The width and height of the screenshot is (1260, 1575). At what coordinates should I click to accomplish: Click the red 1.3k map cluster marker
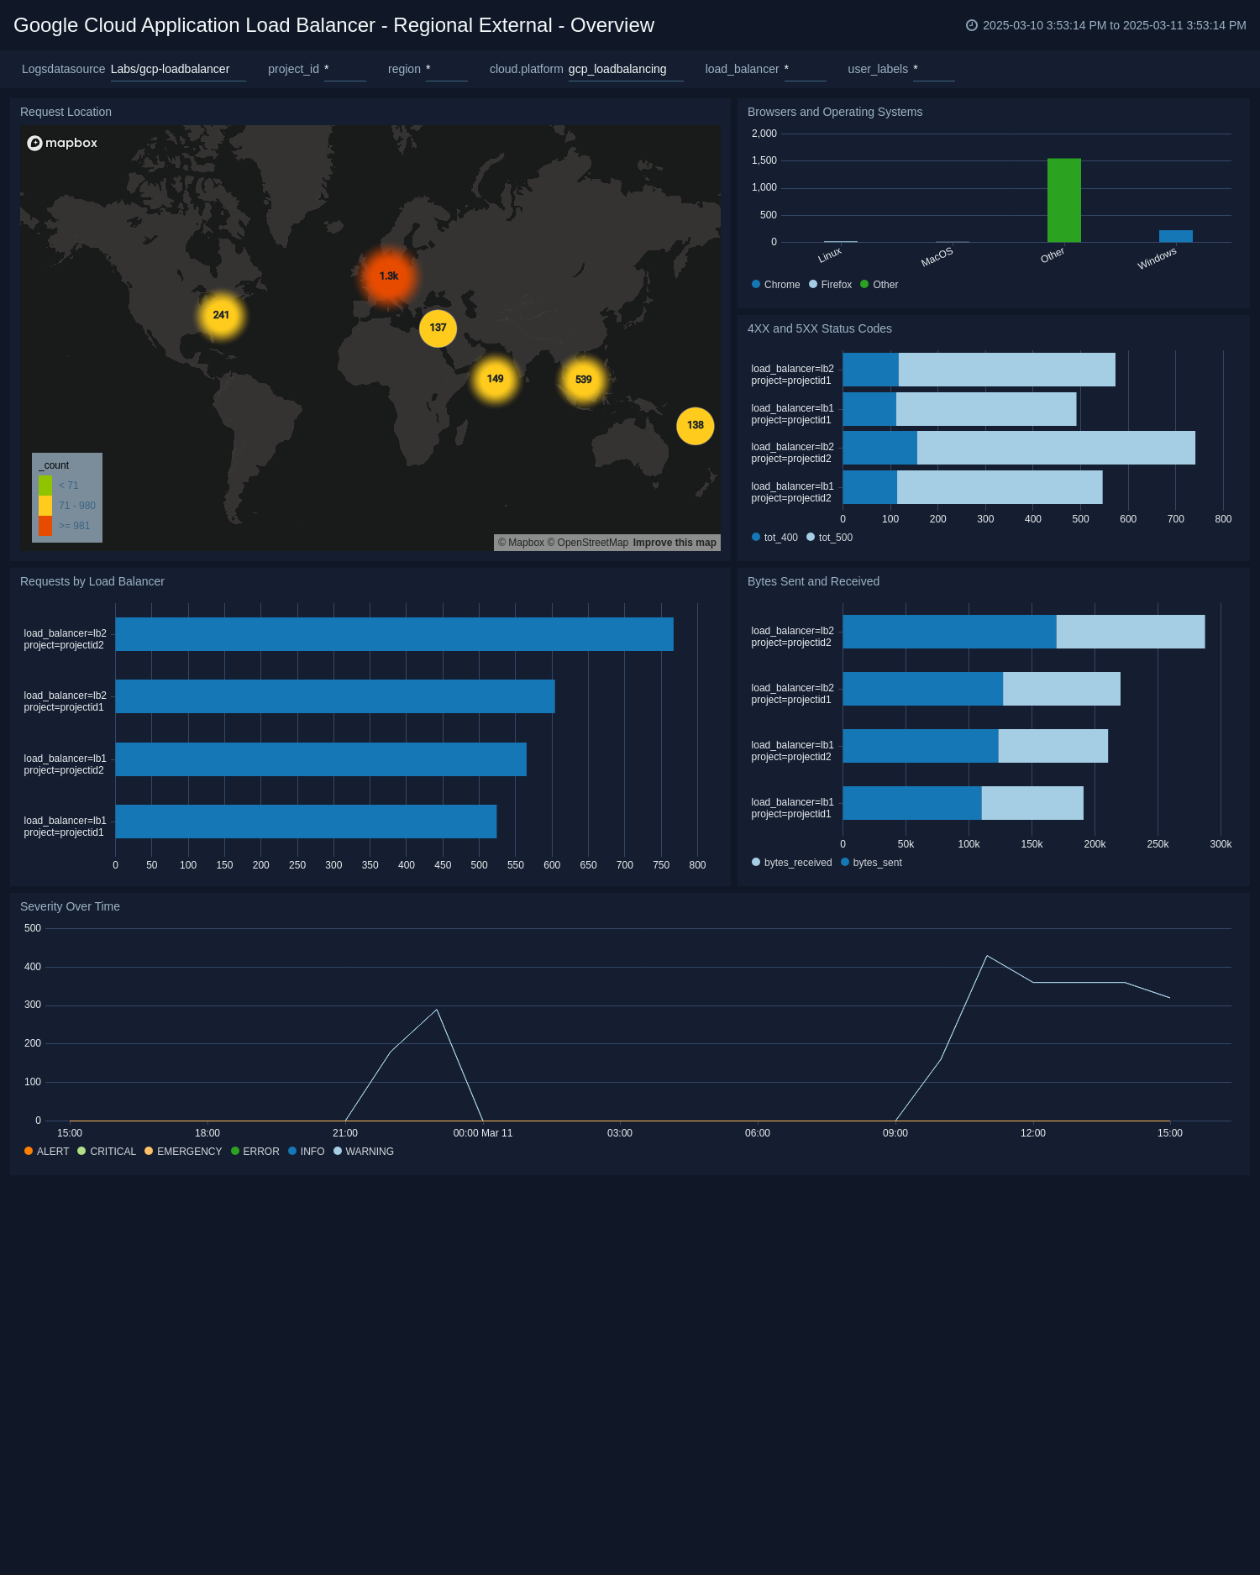(388, 276)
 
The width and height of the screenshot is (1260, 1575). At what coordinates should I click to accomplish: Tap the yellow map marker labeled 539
(583, 380)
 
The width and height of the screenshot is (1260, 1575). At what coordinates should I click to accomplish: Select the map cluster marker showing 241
(221, 316)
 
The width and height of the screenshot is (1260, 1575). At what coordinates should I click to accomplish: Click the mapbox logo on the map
(62, 143)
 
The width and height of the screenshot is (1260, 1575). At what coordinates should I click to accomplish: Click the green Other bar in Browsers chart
(1063, 201)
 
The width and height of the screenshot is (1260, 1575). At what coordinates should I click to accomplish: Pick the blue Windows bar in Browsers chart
(1175, 236)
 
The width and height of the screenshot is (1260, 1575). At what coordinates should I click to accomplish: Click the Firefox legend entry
(831, 285)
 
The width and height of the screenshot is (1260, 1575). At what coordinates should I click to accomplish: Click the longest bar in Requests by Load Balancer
(394, 634)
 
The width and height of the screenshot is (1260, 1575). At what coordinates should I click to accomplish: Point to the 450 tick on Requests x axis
(443, 865)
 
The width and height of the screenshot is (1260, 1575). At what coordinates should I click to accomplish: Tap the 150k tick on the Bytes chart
(1032, 844)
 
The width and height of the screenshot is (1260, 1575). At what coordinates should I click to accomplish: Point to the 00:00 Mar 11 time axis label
(483, 1133)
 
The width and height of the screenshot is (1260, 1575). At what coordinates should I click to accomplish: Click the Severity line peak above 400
(987, 956)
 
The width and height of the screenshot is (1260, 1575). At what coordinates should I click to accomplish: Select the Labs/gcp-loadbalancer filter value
(170, 69)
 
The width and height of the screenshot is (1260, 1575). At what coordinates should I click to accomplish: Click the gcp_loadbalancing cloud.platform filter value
(617, 69)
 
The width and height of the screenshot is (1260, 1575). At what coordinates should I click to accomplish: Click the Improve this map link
(675, 543)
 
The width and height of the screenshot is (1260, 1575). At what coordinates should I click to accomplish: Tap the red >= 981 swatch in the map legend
(45, 526)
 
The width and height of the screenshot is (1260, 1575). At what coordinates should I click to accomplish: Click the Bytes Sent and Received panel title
(813, 581)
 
